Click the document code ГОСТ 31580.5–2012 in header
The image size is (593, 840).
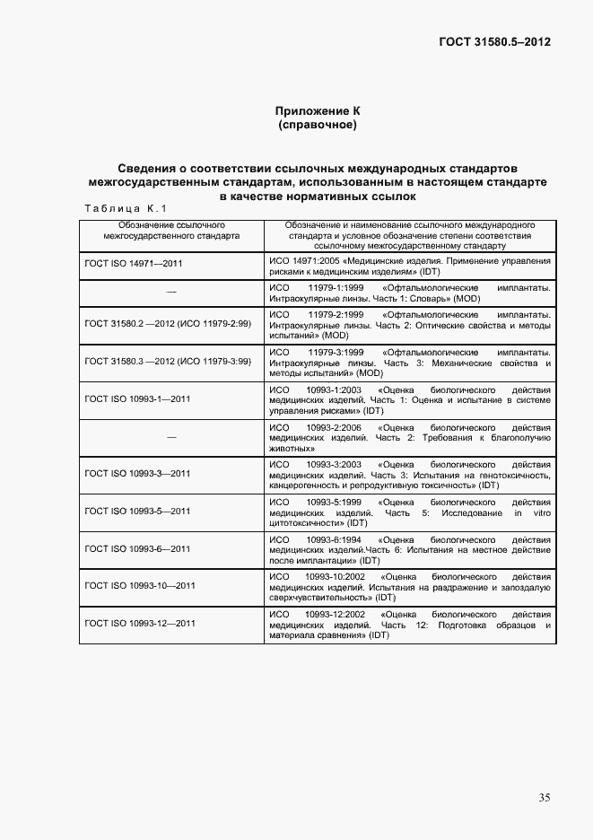(494, 42)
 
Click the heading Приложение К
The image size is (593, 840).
(318, 110)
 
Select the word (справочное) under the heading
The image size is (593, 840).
(318, 126)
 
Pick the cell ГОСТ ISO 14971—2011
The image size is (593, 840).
(134, 267)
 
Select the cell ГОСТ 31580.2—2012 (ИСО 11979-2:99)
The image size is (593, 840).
(168, 323)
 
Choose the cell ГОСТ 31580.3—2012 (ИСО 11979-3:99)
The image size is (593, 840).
(168, 361)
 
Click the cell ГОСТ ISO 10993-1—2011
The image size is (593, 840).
(137, 398)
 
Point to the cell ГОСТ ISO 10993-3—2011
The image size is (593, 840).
(137, 473)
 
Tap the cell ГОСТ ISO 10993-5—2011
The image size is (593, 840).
(137, 511)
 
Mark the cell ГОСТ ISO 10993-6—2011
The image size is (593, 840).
(137, 548)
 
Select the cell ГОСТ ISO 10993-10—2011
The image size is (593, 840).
(140, 585)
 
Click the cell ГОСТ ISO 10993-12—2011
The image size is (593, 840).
(140, 623)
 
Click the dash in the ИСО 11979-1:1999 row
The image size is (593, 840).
(170, 293)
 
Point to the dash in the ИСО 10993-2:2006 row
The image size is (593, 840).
(170, 436)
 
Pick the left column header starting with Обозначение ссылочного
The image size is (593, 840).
(170, 230)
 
